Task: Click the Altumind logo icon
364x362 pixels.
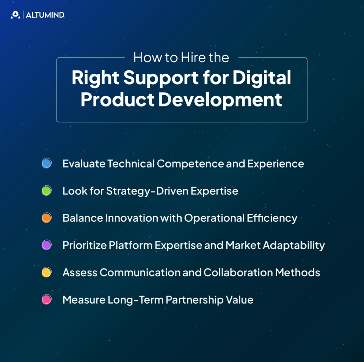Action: (15, 15)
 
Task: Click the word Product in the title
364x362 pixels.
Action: (118, 99)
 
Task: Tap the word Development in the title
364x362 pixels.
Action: (220, 99)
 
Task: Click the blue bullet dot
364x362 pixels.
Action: (47, 163)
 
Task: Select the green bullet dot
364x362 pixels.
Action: (47, 191)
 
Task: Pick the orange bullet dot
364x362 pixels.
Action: (47, 218)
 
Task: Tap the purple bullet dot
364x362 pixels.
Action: (47, 245)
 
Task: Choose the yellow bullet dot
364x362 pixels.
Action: (47, 273)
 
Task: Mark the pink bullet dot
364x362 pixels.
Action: (47, 300)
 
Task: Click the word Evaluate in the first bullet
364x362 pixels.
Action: (84, 164)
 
